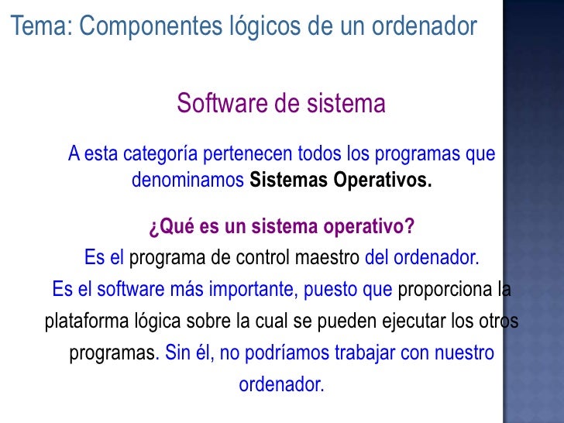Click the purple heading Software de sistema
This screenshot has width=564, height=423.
coord(281,103)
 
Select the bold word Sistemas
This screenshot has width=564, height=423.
coord(288,181)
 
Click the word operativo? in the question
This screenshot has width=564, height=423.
coord(368,228)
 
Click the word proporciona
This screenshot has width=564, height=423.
coord(444,291)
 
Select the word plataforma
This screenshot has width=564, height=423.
coord(80,321)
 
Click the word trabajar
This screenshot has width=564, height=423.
coord(363,353)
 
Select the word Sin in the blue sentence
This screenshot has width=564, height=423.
coord(177,353)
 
